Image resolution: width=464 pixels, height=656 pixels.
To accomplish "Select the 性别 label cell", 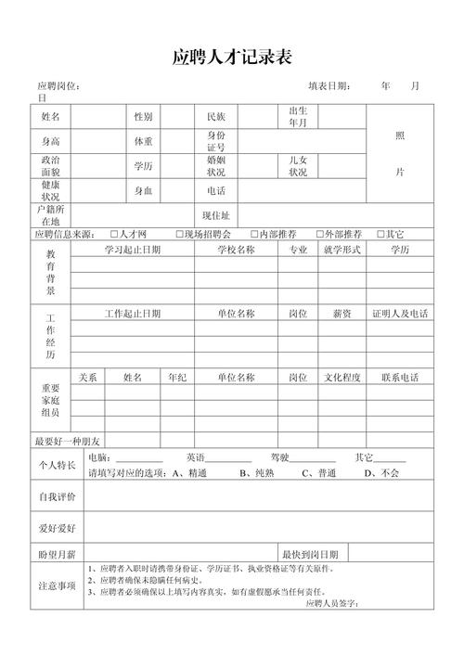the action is pyautogui.click(x=144, y=117).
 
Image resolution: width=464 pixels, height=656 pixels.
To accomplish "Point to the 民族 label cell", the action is pyautogui.click(x=216, y=117).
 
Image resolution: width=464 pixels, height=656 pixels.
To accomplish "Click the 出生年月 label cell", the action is pyautogui.click(x=298, y=117).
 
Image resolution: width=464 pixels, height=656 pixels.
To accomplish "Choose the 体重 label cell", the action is pyautogui.click(x=144, y=142).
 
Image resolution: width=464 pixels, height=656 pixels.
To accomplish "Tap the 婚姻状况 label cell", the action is pyautogui.click(x=216, y=166).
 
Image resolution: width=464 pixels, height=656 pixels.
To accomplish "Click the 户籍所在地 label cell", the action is pyautogui.click(x=50, y=215).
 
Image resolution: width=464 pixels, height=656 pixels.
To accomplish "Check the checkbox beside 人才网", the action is pyautogui.click(x=113, y=234).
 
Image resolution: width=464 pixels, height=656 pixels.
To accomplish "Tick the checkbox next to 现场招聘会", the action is pyautogui.click(x=178, y=234).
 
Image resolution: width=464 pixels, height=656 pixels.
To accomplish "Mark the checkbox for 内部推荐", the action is pyautogui.click(x=252, y=234).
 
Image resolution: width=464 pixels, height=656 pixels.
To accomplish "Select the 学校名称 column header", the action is pyautogui.click(x=236, y=250).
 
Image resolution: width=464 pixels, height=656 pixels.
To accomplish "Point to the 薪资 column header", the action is pyautogui.click(x=342, y=314).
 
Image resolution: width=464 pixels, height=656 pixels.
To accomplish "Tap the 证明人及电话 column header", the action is pyautogui.click(x=400, y=314).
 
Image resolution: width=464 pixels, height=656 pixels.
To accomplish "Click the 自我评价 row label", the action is pyautogui.click(x=57, y=497).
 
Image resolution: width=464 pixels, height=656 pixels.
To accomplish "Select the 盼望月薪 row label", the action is pyautogui.click(x=57, y=553).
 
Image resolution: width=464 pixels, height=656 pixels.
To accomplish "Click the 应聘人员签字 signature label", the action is pyautogui.click(x=331, y=603).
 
